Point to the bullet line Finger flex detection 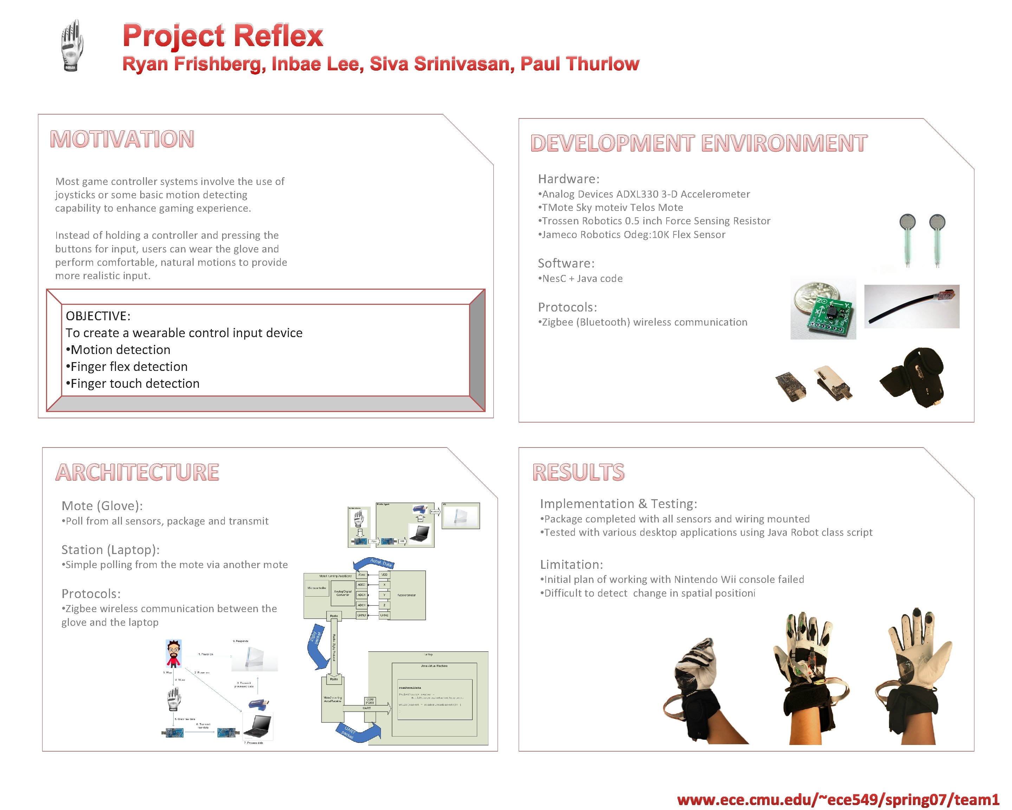click(x=129, y=366)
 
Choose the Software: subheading click(x=566, y=263)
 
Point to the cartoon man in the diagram click(x=174, y=653)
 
